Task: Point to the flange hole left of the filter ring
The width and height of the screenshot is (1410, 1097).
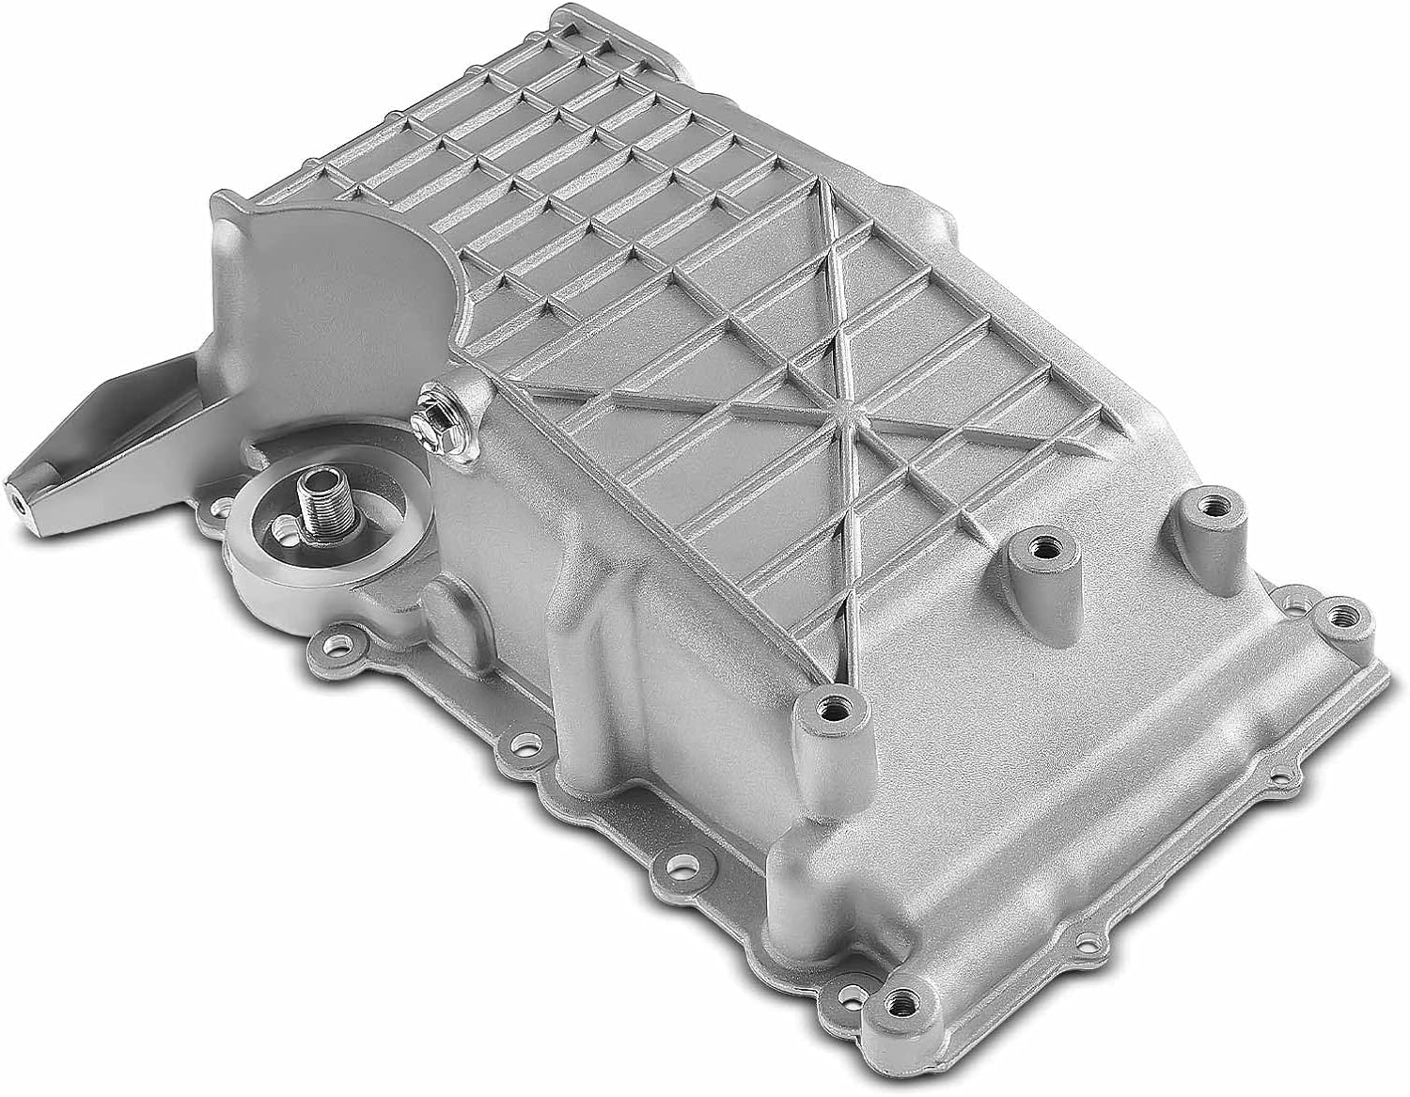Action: tap(219, 509)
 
